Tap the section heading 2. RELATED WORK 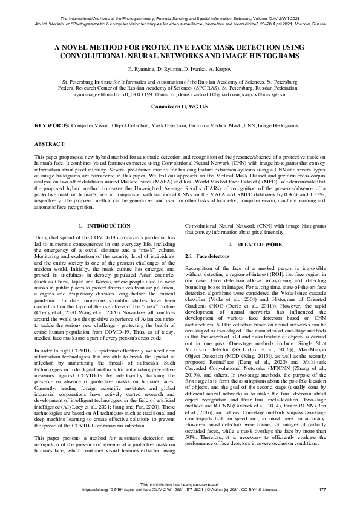(x=255, y=244)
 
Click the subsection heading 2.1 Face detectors (x=208, y=257)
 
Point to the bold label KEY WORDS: (x=52, y=125)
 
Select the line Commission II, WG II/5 (x=180, y=106)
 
